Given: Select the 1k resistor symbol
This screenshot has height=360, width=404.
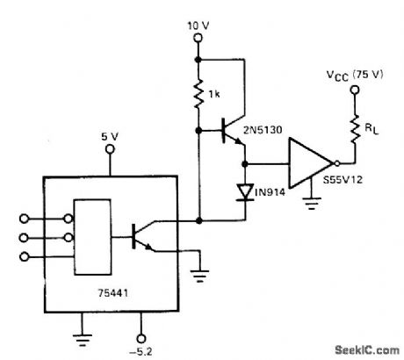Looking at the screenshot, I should click(201, 93).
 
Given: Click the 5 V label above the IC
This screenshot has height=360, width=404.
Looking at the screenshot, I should click(110, 137).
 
